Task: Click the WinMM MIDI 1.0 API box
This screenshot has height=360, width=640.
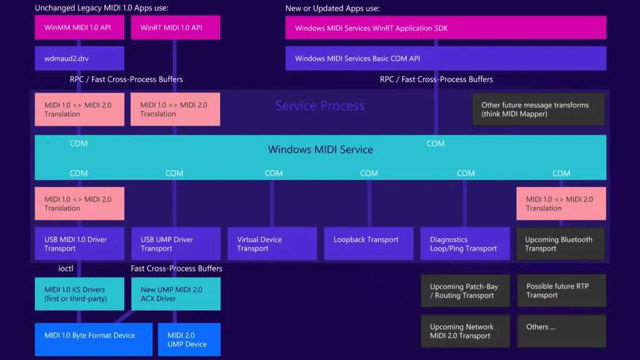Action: (79, 28)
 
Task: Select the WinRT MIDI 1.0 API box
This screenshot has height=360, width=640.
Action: (176, 28)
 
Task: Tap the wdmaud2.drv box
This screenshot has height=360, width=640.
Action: (79, 58)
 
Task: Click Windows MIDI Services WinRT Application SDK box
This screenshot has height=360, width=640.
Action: (446, 28)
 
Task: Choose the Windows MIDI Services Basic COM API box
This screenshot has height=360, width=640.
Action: (446, 58)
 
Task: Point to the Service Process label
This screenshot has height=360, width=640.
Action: (319, 106)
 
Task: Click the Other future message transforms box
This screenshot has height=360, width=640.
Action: (538, 109)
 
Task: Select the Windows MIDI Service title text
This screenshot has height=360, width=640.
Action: (320, 150)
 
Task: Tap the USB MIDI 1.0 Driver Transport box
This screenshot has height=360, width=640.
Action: (79, 244)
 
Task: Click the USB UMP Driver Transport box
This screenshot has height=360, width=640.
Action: (176, 244)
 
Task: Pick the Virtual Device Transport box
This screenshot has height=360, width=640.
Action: (272, 244)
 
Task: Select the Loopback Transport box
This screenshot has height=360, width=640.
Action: (369, 244)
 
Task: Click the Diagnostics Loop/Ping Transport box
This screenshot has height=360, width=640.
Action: (465, 244)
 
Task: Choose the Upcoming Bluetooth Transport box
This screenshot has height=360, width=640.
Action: (561, 244)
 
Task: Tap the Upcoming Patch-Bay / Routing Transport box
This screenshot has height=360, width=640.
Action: (465, 291)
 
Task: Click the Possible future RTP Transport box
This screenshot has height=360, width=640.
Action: (561, 291)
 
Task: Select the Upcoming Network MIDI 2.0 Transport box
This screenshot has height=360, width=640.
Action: (465, 331)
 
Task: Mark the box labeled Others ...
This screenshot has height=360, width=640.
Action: (561, 331)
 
